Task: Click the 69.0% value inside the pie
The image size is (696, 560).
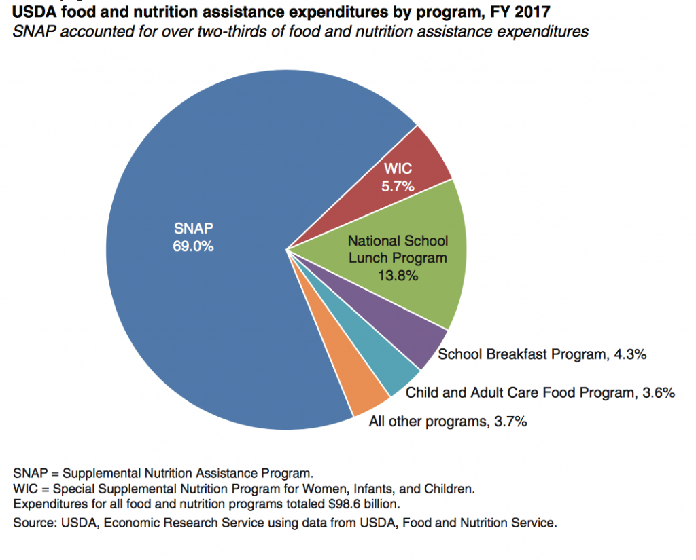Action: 193,246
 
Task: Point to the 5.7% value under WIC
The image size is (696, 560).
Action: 398,185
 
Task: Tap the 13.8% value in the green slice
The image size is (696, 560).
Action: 398,276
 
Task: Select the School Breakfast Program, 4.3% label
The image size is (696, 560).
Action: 541,354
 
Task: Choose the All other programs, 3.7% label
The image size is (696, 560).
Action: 448,422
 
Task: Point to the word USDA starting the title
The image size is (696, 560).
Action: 30,12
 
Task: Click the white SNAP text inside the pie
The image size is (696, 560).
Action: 193,229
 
